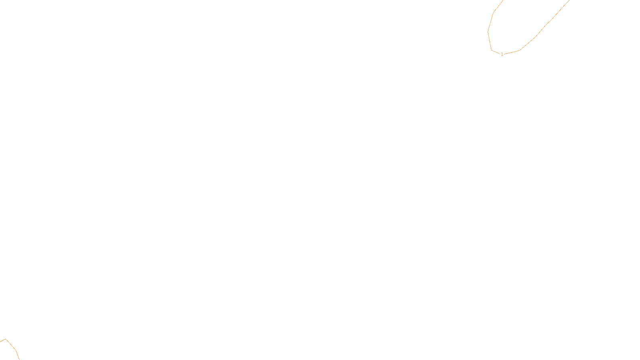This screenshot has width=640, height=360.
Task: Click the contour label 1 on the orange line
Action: coord(502,54)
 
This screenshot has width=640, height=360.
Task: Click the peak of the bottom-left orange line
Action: coord(6,339)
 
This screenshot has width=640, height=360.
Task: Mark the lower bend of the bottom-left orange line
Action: coord(16,350)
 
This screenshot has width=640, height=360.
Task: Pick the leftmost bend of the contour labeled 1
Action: coord(488,32)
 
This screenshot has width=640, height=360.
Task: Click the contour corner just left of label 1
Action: coord(492,50)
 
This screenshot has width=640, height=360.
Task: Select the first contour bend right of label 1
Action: coord(519,50)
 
